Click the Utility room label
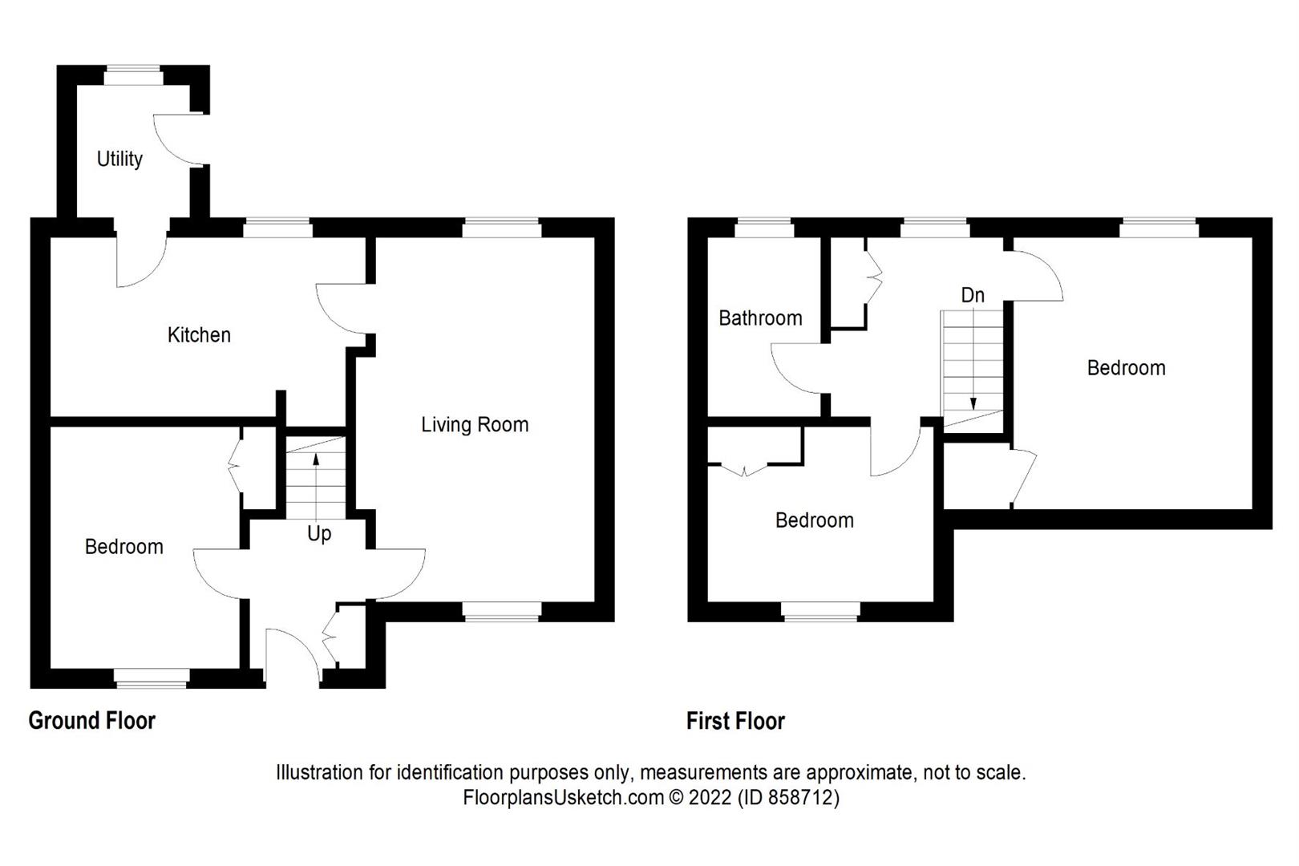click(x=119, y=159)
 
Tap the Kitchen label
click(x=199, y=334)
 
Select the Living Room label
click(x=475, y=424)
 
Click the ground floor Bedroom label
click(x=123, y=547)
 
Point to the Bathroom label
click(x=759, y=318)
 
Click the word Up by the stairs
click(x=319, y=533)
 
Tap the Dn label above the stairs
click(x=972, y=295)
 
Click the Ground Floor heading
click(x=91, y=720)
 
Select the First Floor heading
click(x=734, y=721)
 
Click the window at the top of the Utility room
click(x=134, y=76)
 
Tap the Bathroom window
click(x=764, y=228)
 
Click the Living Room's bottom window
click(x=502, y=612)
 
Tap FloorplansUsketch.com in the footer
click(x=564, y=798)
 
